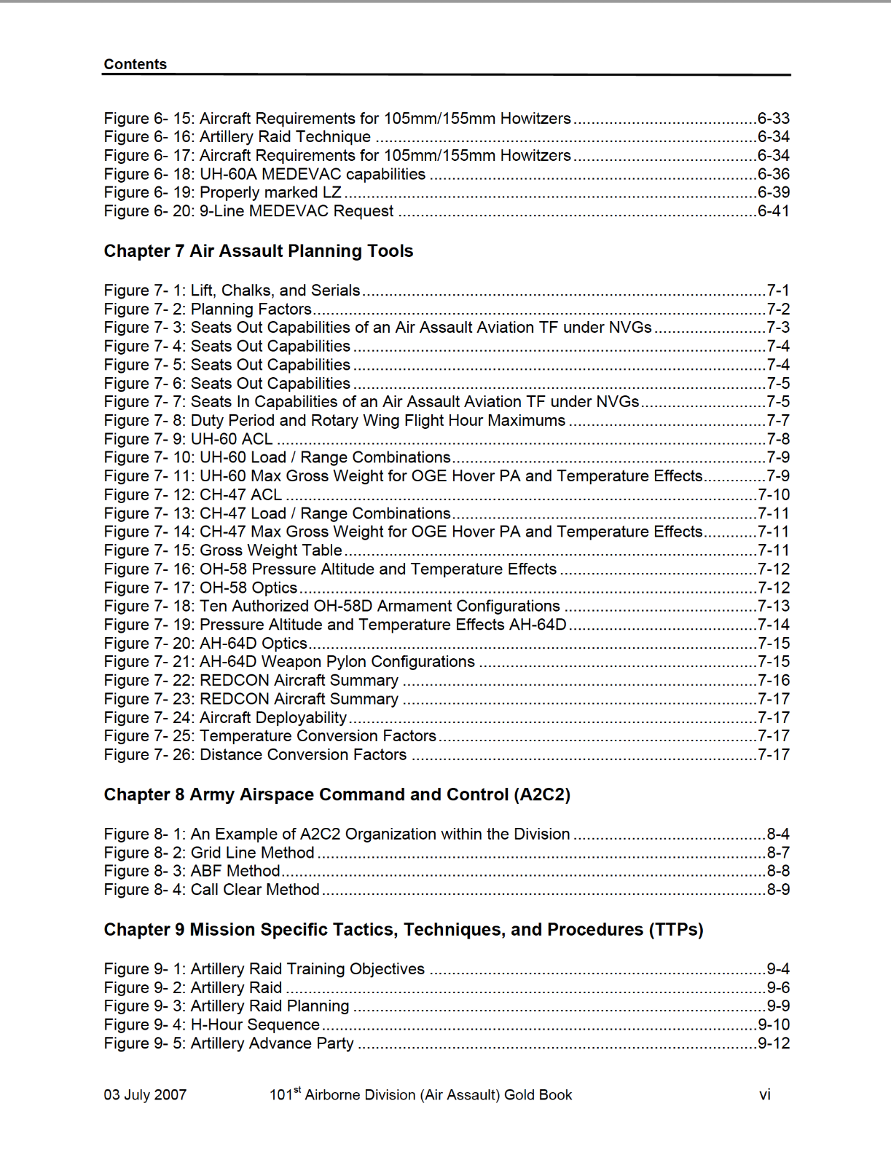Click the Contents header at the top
135,64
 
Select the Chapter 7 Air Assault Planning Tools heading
258,251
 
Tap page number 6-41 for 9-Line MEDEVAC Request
773,211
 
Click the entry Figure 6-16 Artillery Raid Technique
238,137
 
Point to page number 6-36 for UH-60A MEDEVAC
773,174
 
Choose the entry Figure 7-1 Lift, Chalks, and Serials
232,291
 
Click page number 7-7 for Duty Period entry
777,421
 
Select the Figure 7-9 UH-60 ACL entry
188,439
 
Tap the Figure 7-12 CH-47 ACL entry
192,495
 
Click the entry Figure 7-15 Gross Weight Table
223,550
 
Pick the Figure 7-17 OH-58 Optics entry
200,588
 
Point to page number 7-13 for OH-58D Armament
773,607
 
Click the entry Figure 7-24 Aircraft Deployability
225,718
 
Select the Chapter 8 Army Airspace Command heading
337,794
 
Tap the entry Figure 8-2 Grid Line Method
209,853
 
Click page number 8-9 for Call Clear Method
777,890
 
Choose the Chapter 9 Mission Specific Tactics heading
403,930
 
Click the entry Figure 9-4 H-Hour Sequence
211,1025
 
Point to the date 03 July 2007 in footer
145,1095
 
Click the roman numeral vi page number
764,1095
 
